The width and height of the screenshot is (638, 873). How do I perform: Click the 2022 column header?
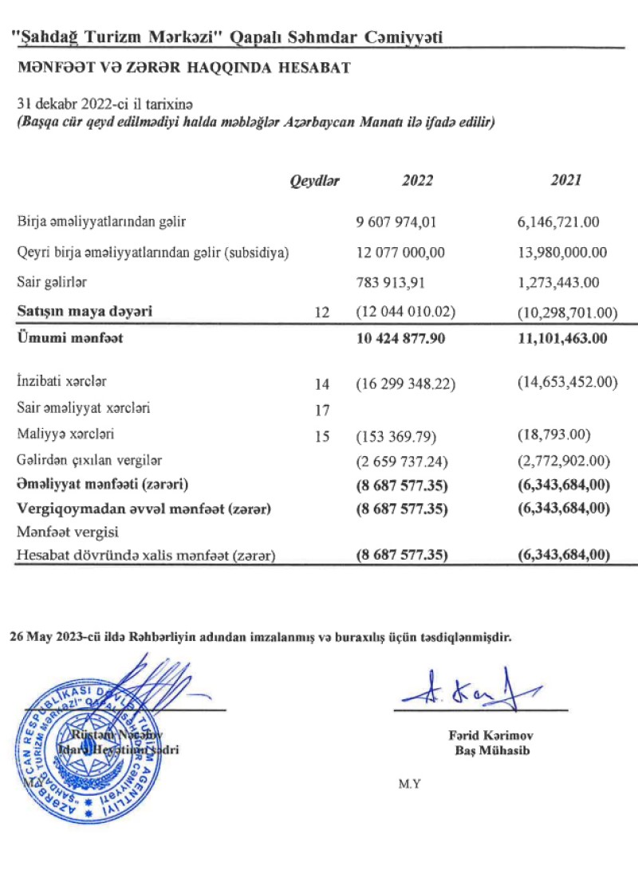[x=417, y=181]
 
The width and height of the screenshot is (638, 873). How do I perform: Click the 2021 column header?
[x=565, y=181]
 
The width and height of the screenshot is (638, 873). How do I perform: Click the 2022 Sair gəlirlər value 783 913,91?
[x=400, y=282]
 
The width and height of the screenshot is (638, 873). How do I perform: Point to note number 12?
[x=322, y=312]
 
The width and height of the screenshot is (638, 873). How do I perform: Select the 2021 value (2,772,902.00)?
[x=567, y=461]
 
